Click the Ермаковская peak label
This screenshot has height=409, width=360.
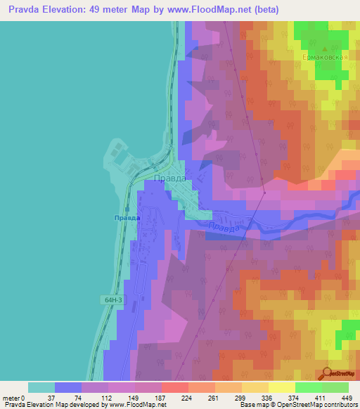pyautogui.click(x=325, y=56)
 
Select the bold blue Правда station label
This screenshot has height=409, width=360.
pyautogui.click(x=127, y=218)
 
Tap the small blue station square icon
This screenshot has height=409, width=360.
pyautogui.click(x=127, y=209)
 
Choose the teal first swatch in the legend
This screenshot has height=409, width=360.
pyautogui.click(x=41, y=387)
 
